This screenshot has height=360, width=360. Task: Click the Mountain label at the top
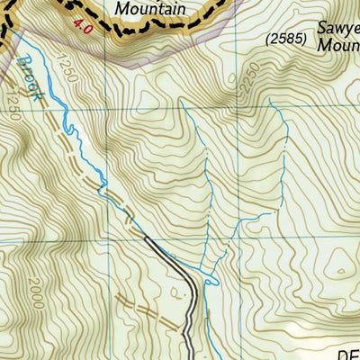(151, 9)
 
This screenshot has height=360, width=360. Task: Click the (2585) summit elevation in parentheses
(286, 40)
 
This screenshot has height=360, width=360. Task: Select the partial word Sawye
(337, 26)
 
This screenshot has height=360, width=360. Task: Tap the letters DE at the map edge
(348, 353)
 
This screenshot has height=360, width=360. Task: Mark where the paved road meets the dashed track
(146, 238)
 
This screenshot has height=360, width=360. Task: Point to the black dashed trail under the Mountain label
(144, 30)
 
